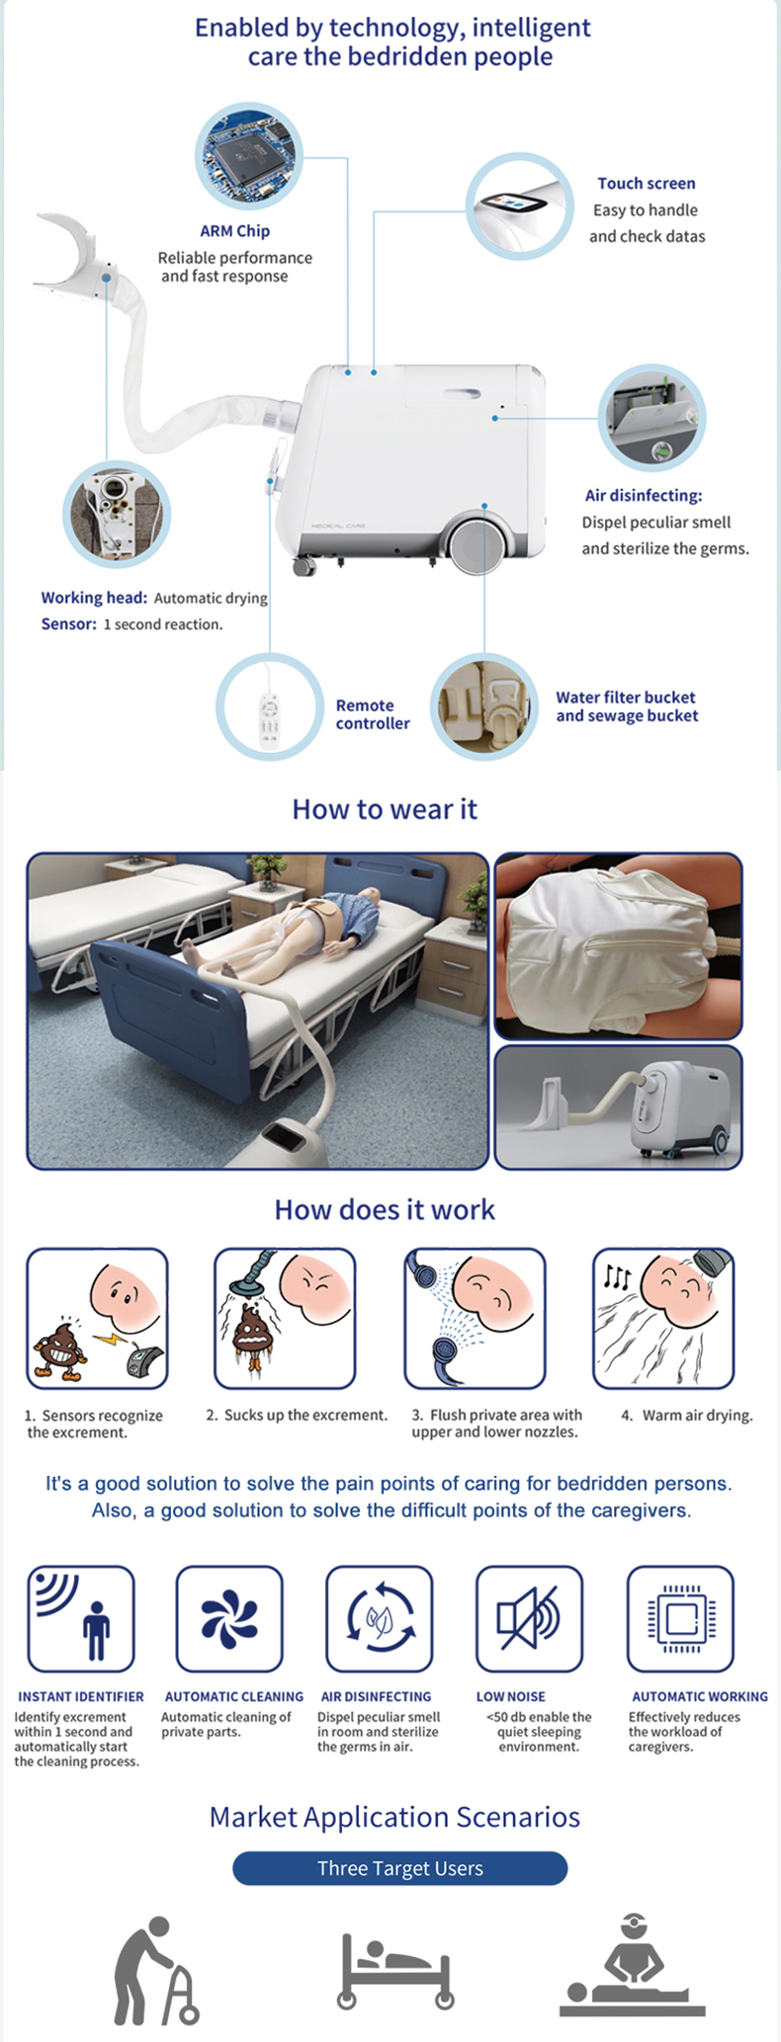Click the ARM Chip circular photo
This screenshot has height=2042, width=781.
click(248, 156)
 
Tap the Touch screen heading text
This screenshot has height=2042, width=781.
click(646, 184)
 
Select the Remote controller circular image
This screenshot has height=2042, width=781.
click(270, 706)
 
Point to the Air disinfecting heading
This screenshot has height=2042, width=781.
click(643, 496)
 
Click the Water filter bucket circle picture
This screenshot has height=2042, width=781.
click(483, 706)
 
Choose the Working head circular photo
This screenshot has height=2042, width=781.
click(117, 514)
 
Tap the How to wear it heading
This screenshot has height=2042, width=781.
click(385, 810)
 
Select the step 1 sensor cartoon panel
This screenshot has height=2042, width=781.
click(97, 1319)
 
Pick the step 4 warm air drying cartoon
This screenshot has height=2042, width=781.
click(663, 1319)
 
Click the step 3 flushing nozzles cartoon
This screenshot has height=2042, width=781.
click(475, 1319)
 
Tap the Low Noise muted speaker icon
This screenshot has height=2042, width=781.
click(529, 1619)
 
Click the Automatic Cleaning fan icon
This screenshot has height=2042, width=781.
click(229, 1619)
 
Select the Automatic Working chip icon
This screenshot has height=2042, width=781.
click(680, 1619)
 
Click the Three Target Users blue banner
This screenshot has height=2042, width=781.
click(400, 1868)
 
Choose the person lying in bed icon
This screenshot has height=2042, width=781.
click(395, 1971)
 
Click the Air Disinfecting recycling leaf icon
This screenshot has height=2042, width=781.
click(379, 1619)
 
